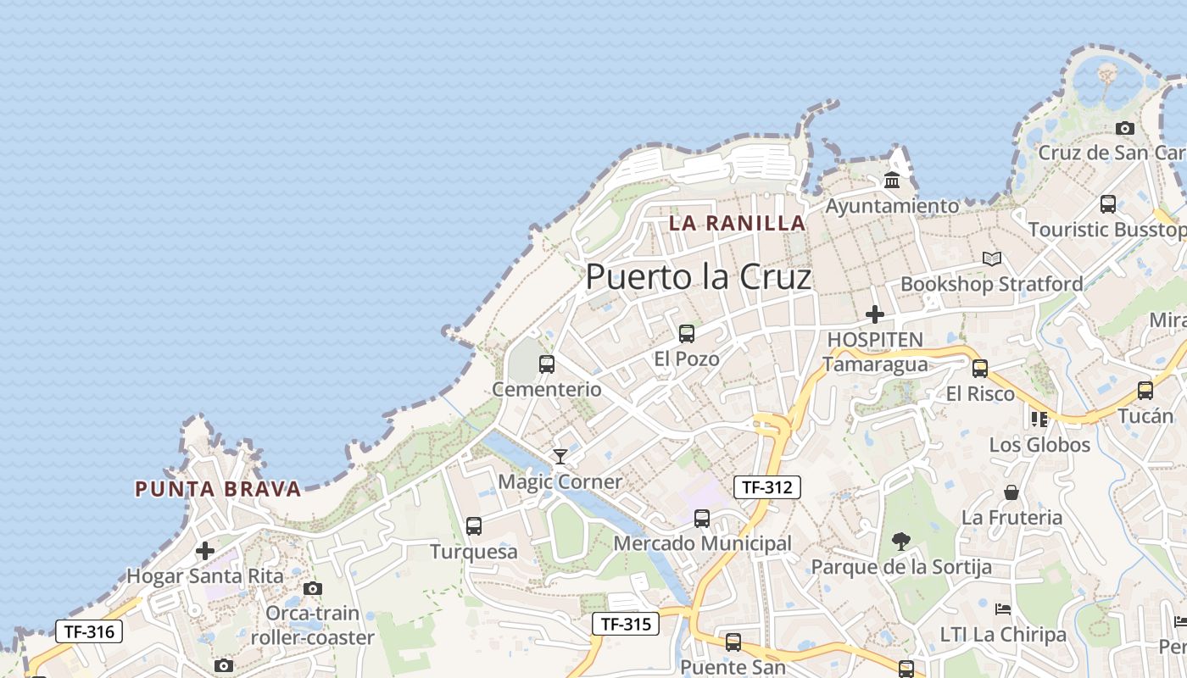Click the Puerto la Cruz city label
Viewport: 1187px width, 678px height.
(x=699, y=276)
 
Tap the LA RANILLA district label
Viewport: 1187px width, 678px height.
(x=737, y=223)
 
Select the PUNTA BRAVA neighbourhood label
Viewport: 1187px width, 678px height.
(x=218, y=489)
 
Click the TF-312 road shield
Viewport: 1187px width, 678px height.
(x=766, y=486)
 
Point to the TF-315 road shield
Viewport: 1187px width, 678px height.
(x=626, y=625)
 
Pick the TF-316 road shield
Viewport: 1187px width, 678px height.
(x=89, y=631)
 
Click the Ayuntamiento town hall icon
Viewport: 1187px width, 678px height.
(x=892, y=181)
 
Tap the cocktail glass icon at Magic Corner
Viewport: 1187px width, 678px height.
(x=560, y=457)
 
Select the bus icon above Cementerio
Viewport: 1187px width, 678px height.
(x=547, y=364)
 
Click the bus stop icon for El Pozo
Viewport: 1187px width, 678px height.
(x=687, y=334)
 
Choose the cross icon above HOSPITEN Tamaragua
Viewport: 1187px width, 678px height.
(x=875, y=314)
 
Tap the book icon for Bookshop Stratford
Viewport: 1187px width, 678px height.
(x=991, y=258)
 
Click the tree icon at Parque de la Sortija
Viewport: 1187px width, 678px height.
(x=901, y=541)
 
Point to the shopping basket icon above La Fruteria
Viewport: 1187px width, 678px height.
(x=1011, y=492)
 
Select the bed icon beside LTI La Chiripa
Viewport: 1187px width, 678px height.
(x=1003, y=609)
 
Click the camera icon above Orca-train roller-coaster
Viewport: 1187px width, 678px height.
(x=313, y=588)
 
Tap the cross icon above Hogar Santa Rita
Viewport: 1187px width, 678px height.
(x=205, y=551)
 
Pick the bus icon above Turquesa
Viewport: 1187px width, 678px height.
(x=474, y=526)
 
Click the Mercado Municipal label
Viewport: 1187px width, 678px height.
(x=702, y=543)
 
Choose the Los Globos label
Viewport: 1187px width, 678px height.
(x=1039, y=445)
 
